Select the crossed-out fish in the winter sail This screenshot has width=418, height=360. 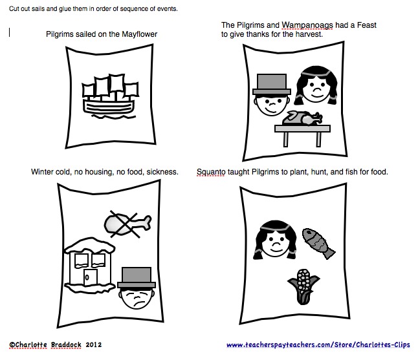[127, 223]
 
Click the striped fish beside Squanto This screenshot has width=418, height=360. [319, 242]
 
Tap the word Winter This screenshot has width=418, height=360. [42, 172]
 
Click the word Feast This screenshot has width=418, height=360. [364, 25]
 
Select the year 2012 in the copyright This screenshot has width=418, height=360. [94, 346]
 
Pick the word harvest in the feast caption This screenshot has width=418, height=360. [308, 34]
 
